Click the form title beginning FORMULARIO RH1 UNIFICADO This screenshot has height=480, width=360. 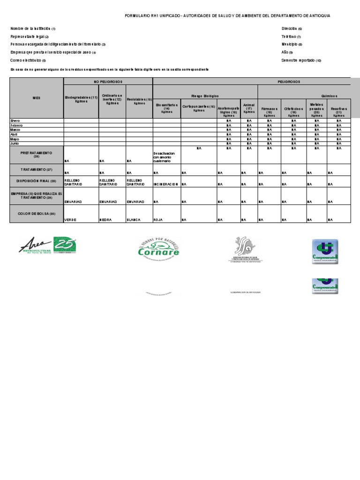[227, 15]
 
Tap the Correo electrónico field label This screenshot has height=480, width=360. [28, 60]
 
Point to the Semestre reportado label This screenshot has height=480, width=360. [301, 60]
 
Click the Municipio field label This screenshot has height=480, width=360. [292, 45]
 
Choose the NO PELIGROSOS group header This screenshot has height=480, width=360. [108, 81]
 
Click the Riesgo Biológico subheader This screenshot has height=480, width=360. [205, 95]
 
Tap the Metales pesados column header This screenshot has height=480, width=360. [316, 108]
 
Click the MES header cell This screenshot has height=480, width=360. [37, 98]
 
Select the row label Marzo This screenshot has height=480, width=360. [16, 130]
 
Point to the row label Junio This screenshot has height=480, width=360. [15, 143]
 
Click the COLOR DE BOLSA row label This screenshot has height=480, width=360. [37, 214]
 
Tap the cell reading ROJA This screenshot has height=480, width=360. [158, 219]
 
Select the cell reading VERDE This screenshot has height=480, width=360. [70, 219]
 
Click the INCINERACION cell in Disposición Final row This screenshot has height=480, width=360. [166, 184]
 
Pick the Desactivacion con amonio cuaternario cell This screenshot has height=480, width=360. [166, 157]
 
